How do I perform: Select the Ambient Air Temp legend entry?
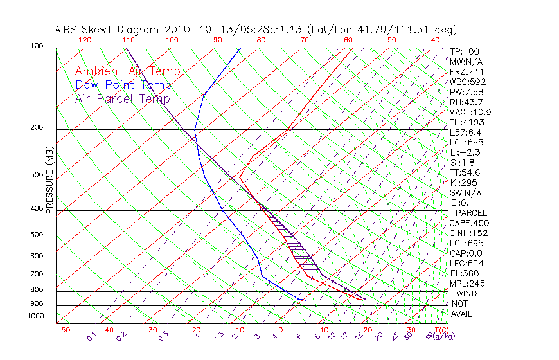[127, 71]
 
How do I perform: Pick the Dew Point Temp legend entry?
[123, 85]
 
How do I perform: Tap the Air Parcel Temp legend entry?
[122, 98]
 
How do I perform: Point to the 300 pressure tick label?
[37, 175]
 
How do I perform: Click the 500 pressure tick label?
[37, 235]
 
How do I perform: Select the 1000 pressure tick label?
[35, 316]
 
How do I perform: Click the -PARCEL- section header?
[471, 213]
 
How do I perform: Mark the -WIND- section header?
[467, 293]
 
